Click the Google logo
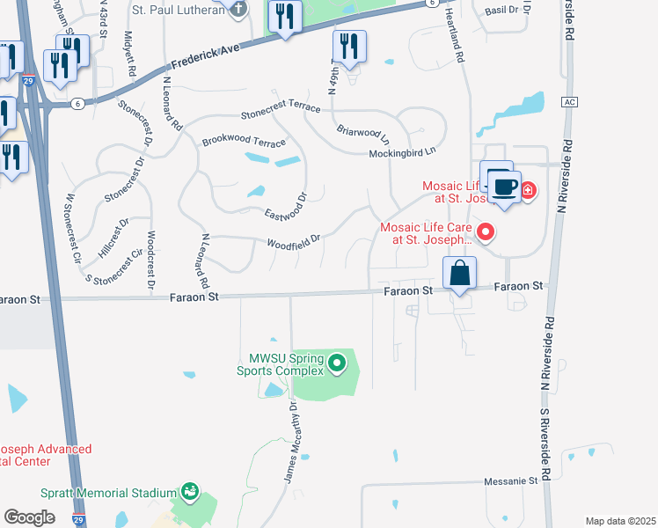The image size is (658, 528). pyautogui.click(x=30, y=517)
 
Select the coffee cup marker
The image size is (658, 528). pyautogui.click(x=504, y=187)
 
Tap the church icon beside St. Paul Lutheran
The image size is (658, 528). pyautogui.click(x=235, y=7)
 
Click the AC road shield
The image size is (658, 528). pyautogui.click(x=567, y=101)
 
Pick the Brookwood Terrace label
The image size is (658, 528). pyautogui.click(x=244, y=142)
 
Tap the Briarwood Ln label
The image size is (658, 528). pyautogui.click(x=363, y=134)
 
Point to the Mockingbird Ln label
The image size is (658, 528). pyautogui.click(x=402, y=151)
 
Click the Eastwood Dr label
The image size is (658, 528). pyautogui.click(x=286, y=207)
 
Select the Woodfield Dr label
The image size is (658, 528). pyautogui.click(x=293, y=238)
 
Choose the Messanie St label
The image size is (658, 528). pyautogui.click(x=510, y=481)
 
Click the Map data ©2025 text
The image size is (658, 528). pyautogui.click(x=619, y=521)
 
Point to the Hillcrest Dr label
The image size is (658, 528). pyautogui.click(x=113, y=238)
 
